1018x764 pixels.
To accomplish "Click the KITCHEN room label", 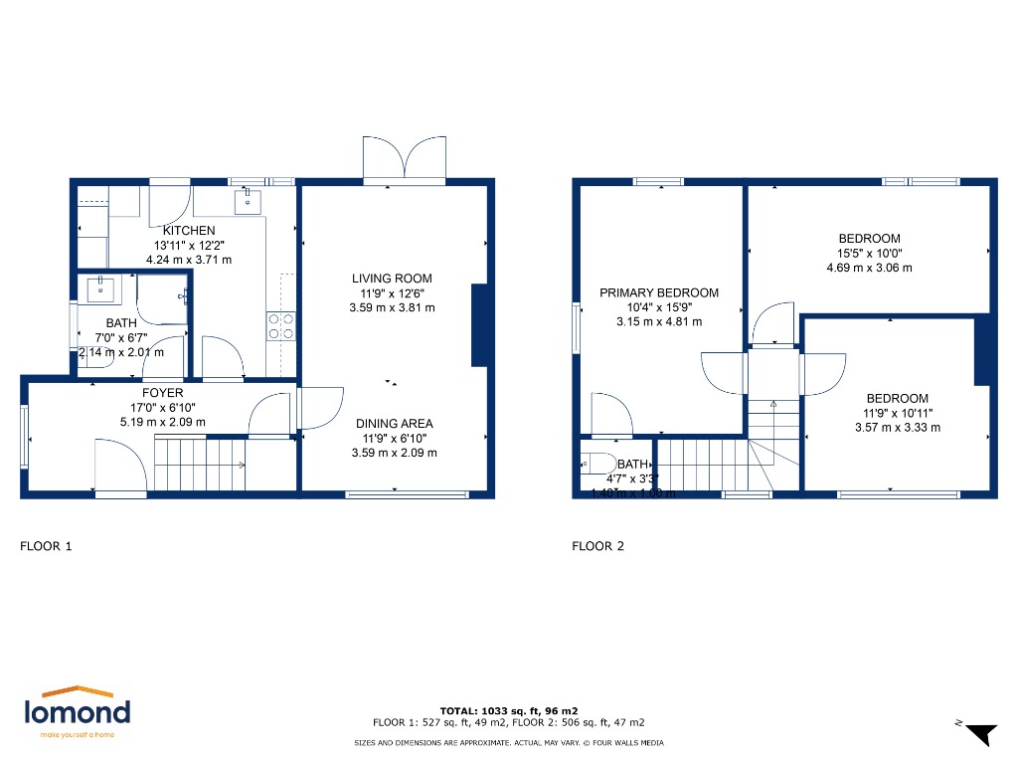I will click(x=189, y=231).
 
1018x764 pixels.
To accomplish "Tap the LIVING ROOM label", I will click(x=392, y=279).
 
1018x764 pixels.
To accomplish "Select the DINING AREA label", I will click(x=395, y=424).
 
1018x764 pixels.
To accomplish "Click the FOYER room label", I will click(x=162, y=393).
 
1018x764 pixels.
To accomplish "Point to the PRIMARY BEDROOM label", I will click(x=658, y=292).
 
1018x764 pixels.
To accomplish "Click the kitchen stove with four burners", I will click(x=280, y=326).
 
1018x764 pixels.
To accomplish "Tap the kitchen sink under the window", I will click(x=248, y=202).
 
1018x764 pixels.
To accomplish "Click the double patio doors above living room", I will click(x=404, y=157).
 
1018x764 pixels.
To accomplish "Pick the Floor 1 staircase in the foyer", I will click(x=199, y=465).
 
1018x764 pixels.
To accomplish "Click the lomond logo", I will click(x=78, y=712).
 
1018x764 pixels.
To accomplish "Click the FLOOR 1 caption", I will click(x=47, y=546).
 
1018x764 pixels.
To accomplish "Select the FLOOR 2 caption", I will click(x=598, y=546).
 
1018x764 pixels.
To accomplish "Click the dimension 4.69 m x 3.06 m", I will click(x=869, y=268).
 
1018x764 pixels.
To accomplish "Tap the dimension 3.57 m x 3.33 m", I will click(x=897, y=428).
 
